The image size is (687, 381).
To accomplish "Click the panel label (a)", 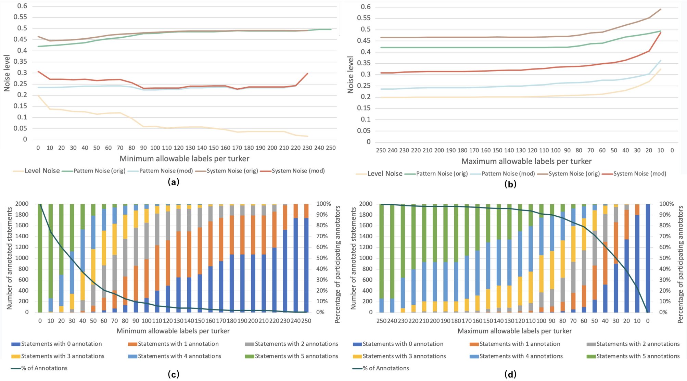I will (x=174, y=182).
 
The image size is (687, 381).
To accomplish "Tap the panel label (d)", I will (x=510, y=374).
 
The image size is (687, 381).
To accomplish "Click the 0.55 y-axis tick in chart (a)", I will (x=20, y=17).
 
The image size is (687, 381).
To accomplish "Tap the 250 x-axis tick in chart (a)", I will (x=331, y=148).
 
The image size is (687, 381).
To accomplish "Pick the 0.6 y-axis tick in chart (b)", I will (x=366, y=7).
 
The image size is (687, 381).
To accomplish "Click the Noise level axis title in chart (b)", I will (x=350, y=75).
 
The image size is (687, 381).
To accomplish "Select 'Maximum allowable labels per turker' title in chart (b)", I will (x=526, y=161).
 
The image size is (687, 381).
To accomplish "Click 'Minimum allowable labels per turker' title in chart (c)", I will (x=173, y=331).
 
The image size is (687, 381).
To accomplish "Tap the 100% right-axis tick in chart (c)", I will (x=323, y=204).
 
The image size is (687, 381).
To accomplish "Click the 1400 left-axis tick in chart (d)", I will (x=366, y=236).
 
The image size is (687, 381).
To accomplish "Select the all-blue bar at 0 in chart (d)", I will (x=648, y=258).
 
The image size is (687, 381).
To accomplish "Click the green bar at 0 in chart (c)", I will (x=40, y=258).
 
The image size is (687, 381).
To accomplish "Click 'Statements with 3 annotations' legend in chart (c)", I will (x=63, y=356).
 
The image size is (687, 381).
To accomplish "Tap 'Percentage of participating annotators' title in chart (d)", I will (x=680, y=264).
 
